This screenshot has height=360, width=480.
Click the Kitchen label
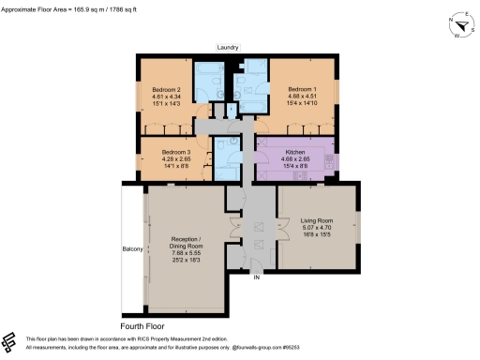295,150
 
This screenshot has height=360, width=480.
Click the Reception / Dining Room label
186,242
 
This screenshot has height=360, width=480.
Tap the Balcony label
132,248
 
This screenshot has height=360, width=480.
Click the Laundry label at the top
227,47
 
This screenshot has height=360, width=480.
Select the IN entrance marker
253,277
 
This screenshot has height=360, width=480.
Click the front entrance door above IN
254,266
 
